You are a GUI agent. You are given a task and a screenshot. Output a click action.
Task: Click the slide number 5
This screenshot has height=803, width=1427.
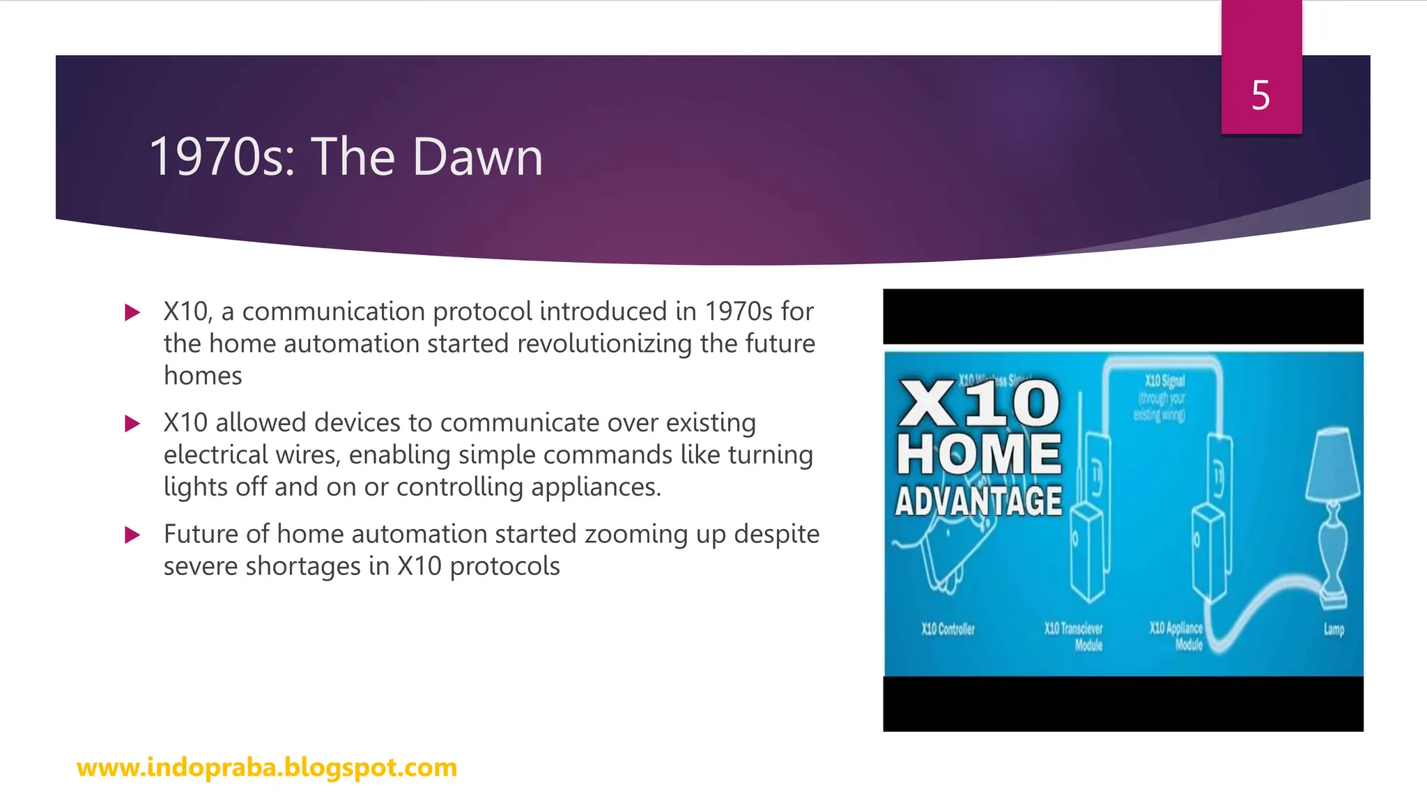[x=1260, y=95]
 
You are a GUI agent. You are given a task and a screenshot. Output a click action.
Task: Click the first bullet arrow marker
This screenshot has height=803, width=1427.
[x=132, y=312]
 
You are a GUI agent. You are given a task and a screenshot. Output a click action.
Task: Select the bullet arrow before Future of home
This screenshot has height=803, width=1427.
[x=132, y=535]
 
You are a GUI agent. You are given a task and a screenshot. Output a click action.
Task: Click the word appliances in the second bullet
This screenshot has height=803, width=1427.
[x=594, y=487]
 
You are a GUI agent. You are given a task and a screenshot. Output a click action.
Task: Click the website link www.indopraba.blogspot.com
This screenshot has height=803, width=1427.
[x=267, y=767]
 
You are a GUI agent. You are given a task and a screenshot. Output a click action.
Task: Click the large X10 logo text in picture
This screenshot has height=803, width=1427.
[x=979, y=404]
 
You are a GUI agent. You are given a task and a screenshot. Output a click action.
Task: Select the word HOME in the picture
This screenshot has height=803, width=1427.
[x=979, y=454]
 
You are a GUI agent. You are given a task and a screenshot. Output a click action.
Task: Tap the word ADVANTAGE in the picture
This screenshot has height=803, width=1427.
[x=979, y=501]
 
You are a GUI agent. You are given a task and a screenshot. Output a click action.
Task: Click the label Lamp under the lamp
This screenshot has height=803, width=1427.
[x=1334, y=629]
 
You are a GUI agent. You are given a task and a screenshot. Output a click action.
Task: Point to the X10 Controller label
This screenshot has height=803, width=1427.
[x=948, y=629]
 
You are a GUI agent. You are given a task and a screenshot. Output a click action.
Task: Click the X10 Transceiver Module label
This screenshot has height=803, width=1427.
[x=1074, y=636]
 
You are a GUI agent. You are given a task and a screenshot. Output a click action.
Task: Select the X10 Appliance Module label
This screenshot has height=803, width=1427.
[x=1177, y=636]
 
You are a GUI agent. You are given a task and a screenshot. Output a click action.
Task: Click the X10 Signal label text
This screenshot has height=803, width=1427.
[x=1164, y=381]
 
